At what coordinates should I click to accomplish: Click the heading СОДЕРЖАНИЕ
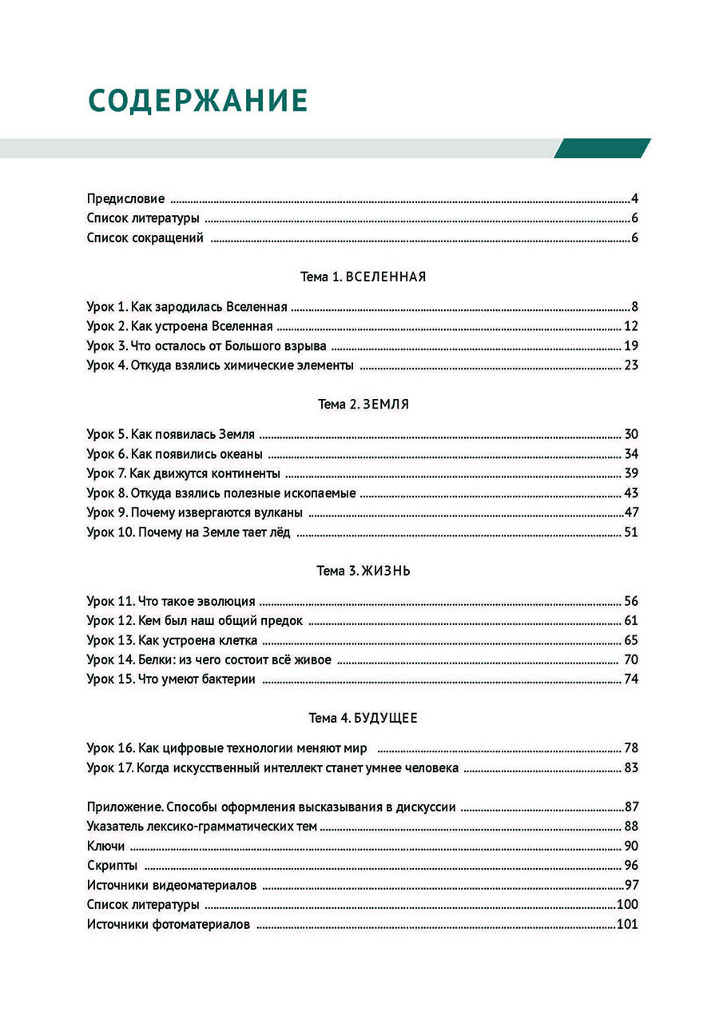(197, 101)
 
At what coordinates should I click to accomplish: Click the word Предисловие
(125, 199)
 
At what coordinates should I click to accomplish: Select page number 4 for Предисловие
(634, 199)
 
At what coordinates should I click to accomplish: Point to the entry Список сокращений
(145, 237)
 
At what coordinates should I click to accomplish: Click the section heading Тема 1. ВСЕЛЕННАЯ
(363, 277)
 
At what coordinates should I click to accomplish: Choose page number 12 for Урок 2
(630, 326)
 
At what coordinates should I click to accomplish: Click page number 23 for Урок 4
(630, 365)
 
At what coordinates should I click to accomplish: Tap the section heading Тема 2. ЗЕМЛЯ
(363, 404)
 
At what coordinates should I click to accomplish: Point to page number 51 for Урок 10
(630, 532)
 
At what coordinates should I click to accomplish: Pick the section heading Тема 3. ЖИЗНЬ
(363, 571)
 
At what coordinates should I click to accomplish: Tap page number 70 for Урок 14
(630, 660)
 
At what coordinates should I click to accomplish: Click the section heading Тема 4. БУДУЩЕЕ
(363, 718)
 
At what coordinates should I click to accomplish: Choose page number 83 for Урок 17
(630, 768)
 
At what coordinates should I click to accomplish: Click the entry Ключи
(105, 846)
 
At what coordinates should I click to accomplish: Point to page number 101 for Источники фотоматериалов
(627, 924)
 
